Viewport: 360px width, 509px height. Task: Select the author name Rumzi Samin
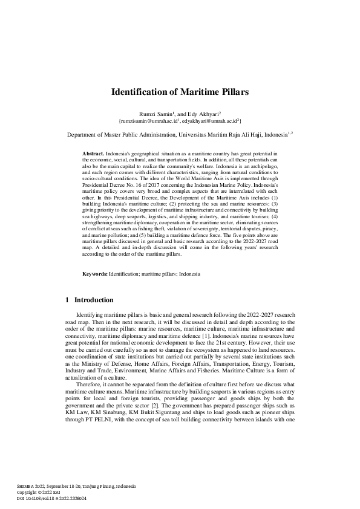pos(156,114)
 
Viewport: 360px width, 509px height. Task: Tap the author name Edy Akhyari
pos(203,114)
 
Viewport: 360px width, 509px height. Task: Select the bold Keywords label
pos(94,274)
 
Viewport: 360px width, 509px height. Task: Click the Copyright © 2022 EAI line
pos(36,493)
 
